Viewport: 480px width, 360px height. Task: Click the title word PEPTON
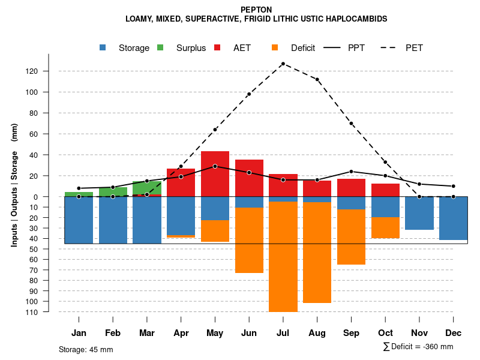click(256, 10)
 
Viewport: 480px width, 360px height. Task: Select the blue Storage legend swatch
click(104, 47)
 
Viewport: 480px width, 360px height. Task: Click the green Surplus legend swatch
click(160, 47)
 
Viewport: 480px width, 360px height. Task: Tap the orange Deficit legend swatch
click(275, 47)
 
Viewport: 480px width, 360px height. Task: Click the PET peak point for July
click(283, 64)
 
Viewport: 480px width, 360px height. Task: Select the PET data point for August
click(317, 79)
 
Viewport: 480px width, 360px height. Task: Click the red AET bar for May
click(215, 174)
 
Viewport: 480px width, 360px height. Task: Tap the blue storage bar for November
click(419, 213)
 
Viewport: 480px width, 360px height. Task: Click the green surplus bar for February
click(113, 192)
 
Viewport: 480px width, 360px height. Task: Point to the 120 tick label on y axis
click(48, 71)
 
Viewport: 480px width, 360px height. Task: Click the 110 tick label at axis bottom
click(48, 312)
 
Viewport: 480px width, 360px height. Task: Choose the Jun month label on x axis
click(249, 333)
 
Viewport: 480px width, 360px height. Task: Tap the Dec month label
click(454, 333)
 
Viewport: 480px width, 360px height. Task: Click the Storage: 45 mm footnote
click(86, 349)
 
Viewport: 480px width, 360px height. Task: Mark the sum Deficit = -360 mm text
click(418, 347)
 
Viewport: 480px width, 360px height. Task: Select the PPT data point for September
click(352, 172)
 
